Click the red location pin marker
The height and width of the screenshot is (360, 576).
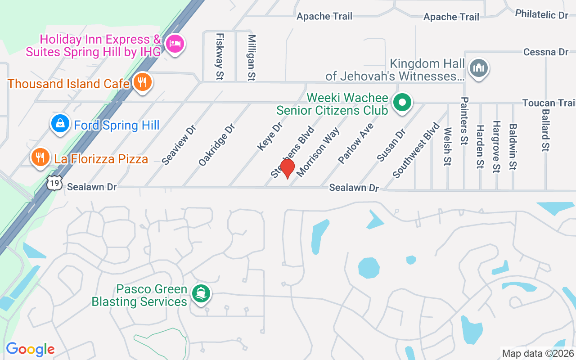click(x=287, y=168)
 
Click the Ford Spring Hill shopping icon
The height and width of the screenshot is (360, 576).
click(x=59, y=123)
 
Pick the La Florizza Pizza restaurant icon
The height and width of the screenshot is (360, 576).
click(x=40, y=157)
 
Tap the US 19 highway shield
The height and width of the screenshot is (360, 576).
click(x=54, y=184)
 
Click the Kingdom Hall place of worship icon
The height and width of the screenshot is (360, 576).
click(x=479, y=68)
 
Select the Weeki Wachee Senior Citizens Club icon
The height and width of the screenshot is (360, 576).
click(x=402, y=103)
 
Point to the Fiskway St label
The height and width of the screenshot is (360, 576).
click(x=220, y=56)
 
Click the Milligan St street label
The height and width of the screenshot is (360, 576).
click(x=252, y=58)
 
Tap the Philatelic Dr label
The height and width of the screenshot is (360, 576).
click(x=542, y=14)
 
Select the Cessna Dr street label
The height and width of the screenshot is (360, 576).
click(x=545, y=52)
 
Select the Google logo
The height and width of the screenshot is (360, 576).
click(x=30, y=349)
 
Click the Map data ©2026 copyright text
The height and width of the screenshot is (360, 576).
click(x=538, y=353)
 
